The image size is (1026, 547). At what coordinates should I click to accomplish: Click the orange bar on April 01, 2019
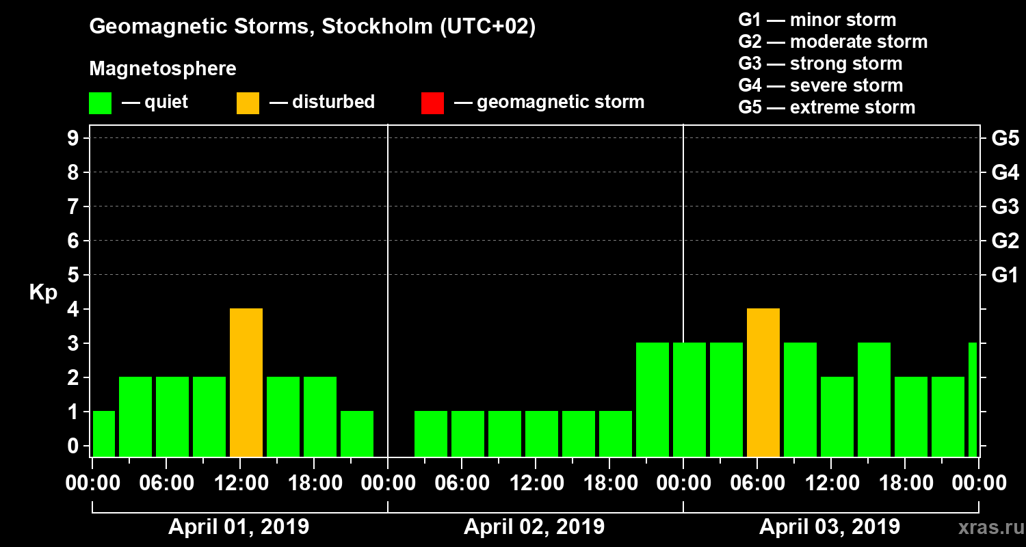tap(246, 383)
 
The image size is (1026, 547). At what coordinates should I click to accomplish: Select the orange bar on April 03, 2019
tap(763, 383)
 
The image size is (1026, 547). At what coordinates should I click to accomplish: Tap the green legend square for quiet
tap(101, 103)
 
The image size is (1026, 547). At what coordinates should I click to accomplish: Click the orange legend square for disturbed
tap(248, 103)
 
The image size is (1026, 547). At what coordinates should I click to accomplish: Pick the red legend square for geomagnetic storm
tap(433, 103)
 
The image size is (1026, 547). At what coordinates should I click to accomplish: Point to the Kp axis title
tap(43, 292)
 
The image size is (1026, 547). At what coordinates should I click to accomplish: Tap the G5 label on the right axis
tap(1005, 139)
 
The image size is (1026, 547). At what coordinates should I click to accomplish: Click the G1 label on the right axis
tap(1005, 276)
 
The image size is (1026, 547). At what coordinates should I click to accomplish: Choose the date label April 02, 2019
tap(534, 527)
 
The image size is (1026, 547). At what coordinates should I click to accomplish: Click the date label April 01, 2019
tap(239, 527)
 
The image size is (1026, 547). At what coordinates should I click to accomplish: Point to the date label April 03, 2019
tap(830, 527)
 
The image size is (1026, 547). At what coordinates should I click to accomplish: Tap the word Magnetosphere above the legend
tap(163, 69)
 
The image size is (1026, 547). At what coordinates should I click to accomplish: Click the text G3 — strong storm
tap(820, 64)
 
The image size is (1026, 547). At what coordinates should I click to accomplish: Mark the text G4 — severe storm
tap(820, 85)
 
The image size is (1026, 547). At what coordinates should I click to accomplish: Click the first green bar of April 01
tap(104, 433)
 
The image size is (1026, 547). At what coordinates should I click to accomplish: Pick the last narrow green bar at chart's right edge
tap(973, 399)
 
